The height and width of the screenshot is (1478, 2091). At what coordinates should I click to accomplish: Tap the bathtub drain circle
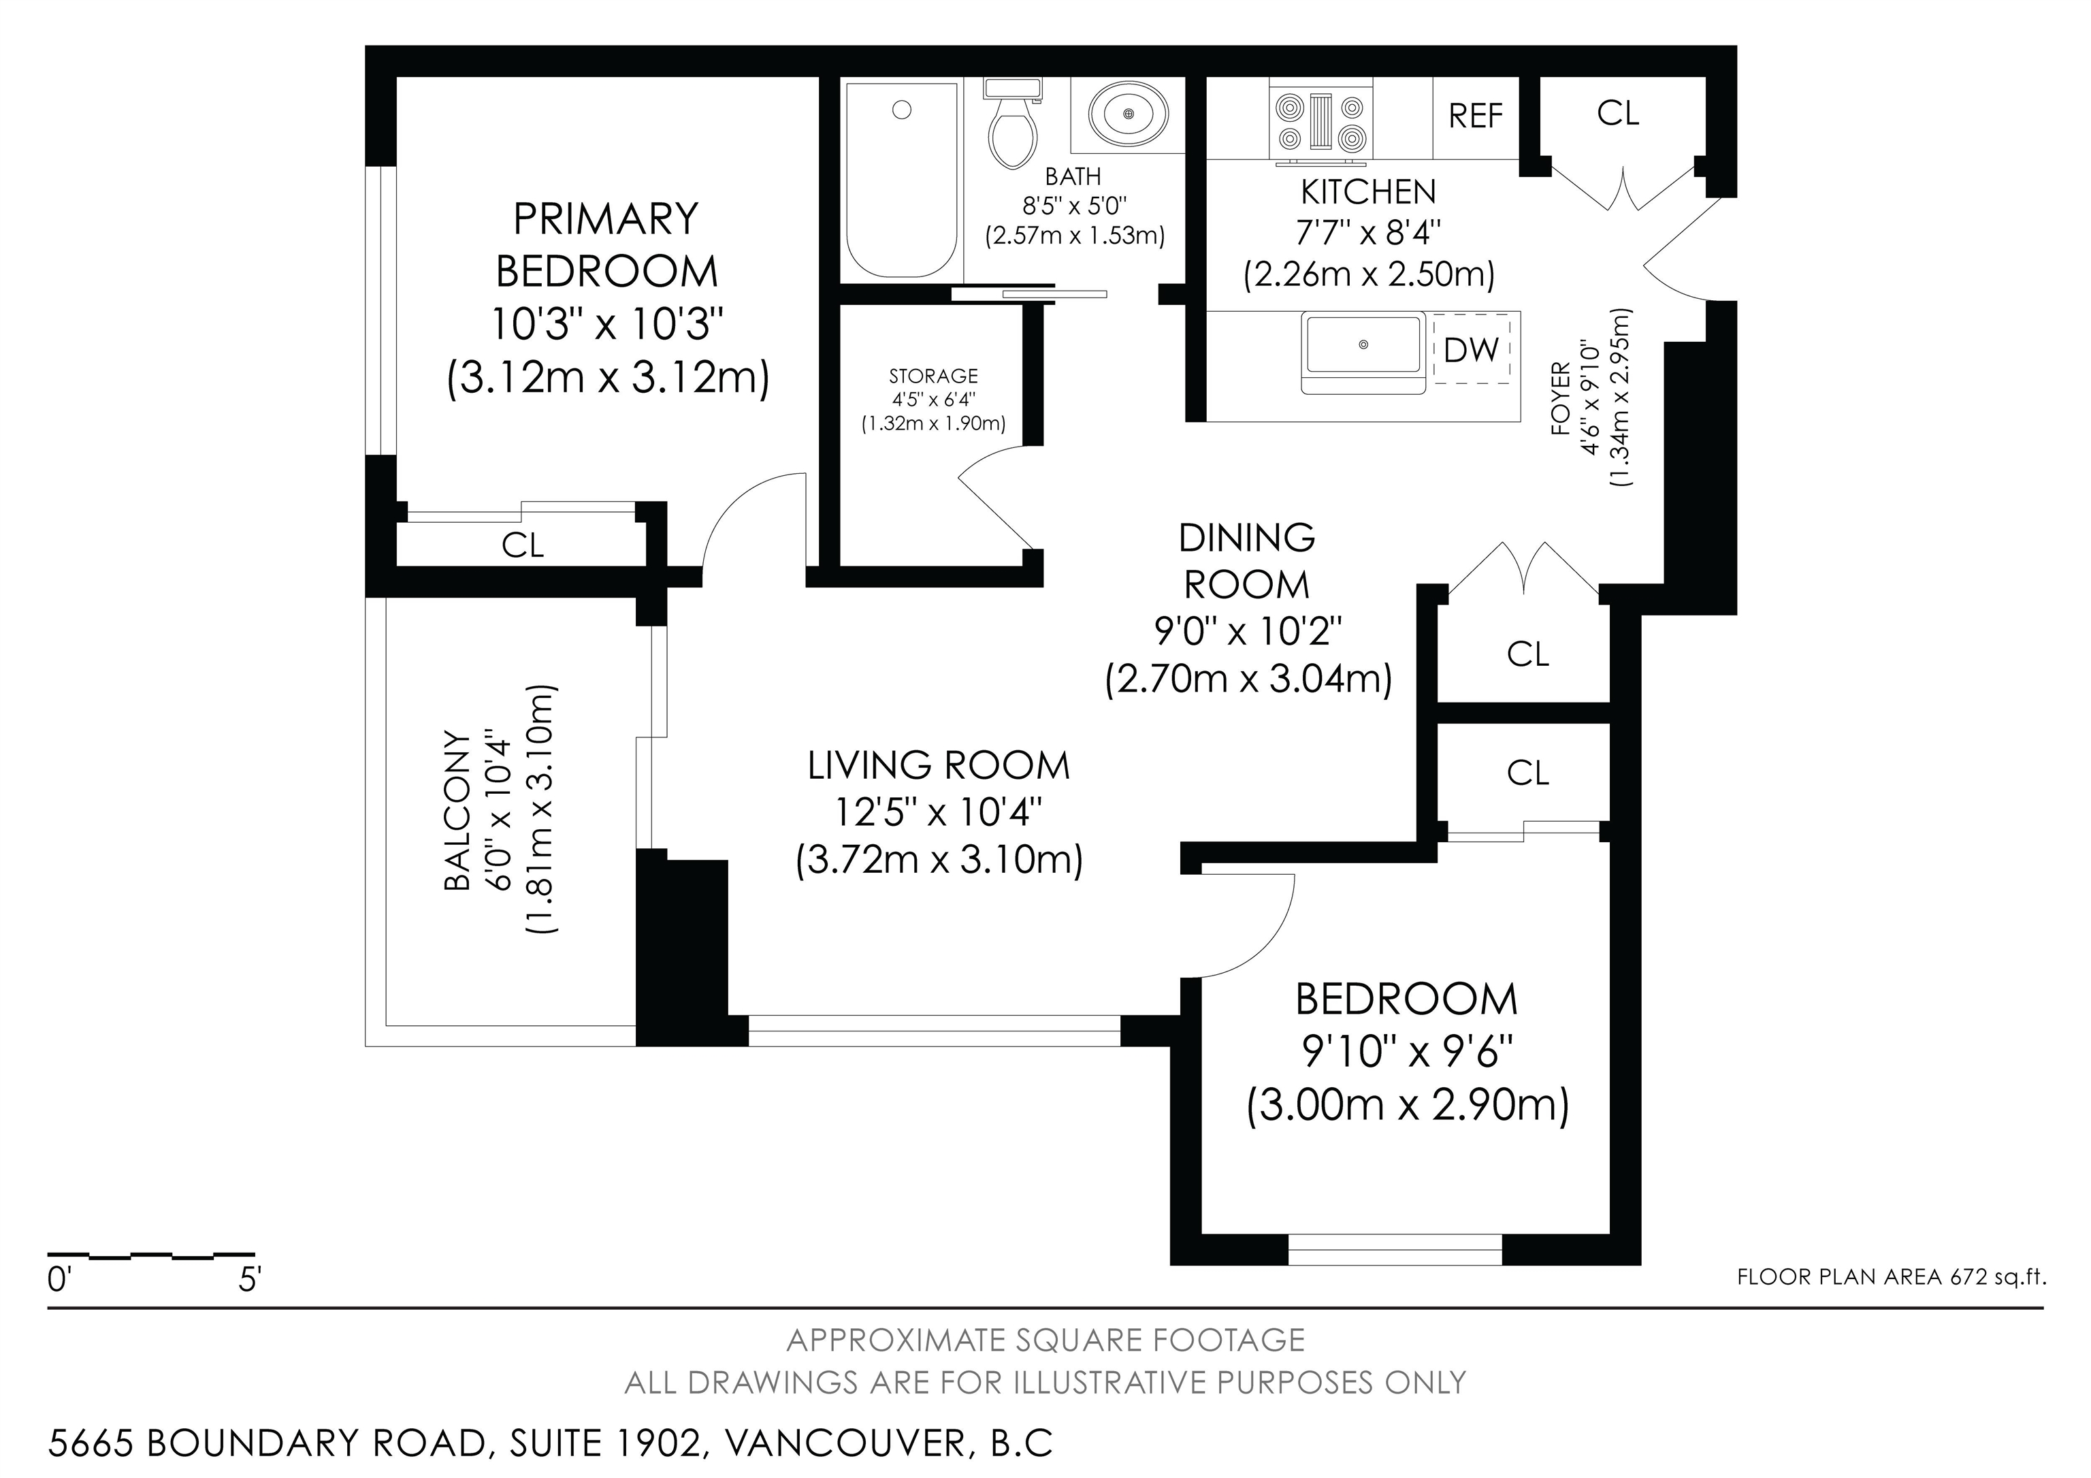pyautogui.click(x=902, y=110)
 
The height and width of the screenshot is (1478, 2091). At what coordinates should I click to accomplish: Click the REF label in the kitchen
pyautogui.click(x=1476, y=116)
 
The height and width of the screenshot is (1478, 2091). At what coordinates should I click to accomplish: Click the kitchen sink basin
pyautogui.click(x=1363, y=345)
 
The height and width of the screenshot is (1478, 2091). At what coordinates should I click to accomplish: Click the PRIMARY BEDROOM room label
pyautogui.click(x=606, y=245)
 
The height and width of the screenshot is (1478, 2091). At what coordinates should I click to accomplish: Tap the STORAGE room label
pyautogui.click(x=933, y=376)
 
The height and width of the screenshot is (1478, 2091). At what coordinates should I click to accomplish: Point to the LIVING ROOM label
pyautogui.click(x=939, y=766)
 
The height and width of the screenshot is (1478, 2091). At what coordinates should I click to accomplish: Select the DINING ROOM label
pyautogui.click(x=1247, y=561)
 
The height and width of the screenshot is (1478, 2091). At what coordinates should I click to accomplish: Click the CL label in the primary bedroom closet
pyautogui.click(x=523, y=545)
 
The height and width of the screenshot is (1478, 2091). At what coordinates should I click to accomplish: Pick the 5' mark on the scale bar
pyautogui.click(x=248, y=1281)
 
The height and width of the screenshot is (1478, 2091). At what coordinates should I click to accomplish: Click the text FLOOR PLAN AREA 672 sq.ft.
pyautogui.click(x=1892, y=1276)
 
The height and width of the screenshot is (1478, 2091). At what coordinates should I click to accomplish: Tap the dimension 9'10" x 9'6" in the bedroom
pyautogui.click(x=1407, y=1053)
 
